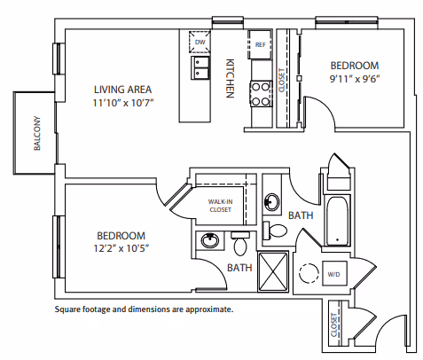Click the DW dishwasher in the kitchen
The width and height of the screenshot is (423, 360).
pyautogui.click(x=200, y=42)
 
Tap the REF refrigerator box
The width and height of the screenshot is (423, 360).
pyautogui.click(x=260, y=44)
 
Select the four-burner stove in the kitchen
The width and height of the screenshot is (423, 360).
pyautogui.click(x=261, y=94)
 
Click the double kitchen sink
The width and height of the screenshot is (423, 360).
pyautogui.click(x=200, y=67)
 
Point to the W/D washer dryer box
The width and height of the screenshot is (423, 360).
pyautogui.click(x=334, y=273)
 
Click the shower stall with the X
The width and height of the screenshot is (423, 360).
pyautogui.click(x=273, y=272)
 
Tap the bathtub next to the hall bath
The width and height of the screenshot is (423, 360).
pyautogui.click(x=337, y=220)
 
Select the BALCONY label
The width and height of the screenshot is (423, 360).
pyautogui.click(x=37, y=133)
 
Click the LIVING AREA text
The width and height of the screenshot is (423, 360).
pyautogui.click(x=122, y=90)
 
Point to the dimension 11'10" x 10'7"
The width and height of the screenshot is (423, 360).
pyautogui.click(x=123, y=103)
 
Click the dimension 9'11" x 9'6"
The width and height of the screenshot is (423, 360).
pyautogui.click(x=355, y=79)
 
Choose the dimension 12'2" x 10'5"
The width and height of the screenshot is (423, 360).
pyautogui.click(x=121, y=248)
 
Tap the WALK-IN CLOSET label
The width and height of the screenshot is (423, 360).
pyautogui.click(x=220, y=206)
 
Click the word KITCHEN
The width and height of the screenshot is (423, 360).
pyautogui.click(x=230, y=78)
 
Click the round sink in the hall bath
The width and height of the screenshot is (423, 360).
pyautogui.click(x=271, y=202)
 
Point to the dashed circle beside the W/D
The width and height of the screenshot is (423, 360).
pyautogui.click(x=309, y=273)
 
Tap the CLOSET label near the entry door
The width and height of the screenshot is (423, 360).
pyautogui.click(x=333, y=325)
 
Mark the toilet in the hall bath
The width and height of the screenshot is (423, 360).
pyautogui.click(x=275, y=231)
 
